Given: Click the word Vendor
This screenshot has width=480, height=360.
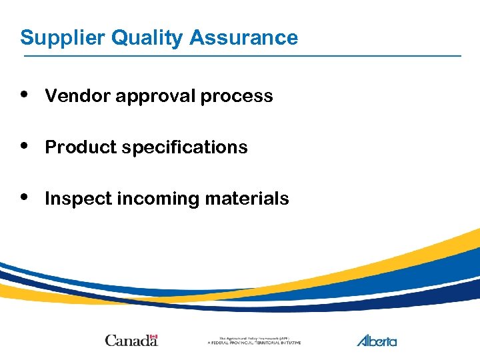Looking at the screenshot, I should pyautogui.click(x=78, y=96).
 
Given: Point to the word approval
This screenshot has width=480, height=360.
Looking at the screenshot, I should pyautogui.click(x=156, y=97).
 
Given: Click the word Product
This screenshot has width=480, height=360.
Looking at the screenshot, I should pyautogui.click(x=79, y=147).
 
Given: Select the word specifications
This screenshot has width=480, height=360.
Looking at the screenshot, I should pyautogui.click(x=184, y=148).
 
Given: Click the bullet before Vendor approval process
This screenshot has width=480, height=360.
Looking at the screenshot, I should pyautogui.click(x=25, y=94).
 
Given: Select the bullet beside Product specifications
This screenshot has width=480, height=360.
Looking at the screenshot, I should pyautogui.click(x=25, y=145).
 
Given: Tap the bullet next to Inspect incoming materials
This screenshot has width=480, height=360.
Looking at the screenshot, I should pyautogui.click(x=25, y=197).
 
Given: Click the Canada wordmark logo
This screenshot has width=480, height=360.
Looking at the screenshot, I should pyautogui.click(x=131, y=341).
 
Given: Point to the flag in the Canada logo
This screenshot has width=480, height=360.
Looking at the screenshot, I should pyautogui.click(x=153, y=337).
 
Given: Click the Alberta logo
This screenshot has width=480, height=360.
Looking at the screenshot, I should pyautogui.click(x=377, y=341).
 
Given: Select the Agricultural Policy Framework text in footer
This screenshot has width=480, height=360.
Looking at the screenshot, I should pyautogui.click(x=254, y=341).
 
